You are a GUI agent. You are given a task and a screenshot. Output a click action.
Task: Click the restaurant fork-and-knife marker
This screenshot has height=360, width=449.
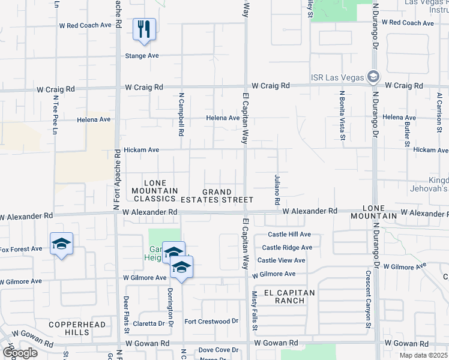(144, 29)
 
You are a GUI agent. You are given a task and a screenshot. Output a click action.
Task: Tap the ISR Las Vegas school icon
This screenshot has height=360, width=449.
(373, 77)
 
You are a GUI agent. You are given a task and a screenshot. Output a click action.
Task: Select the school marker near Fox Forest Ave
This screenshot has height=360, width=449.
(61, 244)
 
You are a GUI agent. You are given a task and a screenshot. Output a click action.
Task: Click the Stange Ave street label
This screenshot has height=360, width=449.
(142, 55)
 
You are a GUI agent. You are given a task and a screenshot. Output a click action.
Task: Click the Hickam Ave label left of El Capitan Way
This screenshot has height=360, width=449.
(141, 149)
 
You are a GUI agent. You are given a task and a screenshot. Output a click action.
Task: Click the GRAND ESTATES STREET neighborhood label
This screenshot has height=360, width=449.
(226, 196)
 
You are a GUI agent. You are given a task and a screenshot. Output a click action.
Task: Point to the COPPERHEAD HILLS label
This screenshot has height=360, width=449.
(77, 328)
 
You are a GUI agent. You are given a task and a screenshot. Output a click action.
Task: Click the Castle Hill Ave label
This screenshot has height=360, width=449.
(289, 235)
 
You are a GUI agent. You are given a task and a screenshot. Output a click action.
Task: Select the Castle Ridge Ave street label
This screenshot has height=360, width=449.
(287, 247)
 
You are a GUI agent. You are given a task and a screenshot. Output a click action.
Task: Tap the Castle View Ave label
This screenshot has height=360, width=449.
(282, 260)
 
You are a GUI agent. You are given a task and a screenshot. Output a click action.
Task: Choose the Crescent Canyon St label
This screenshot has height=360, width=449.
(368, 299)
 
